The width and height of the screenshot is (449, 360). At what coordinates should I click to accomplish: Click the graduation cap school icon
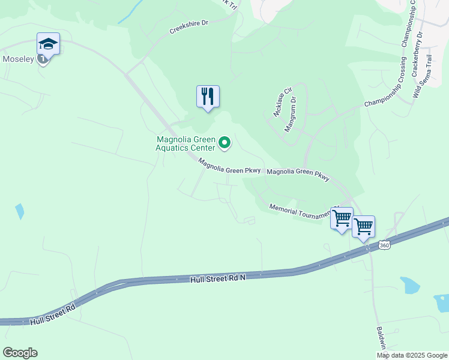point(48,44)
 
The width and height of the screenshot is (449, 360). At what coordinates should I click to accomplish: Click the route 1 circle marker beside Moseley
point(43,59)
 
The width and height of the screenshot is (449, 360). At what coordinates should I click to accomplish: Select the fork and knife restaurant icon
point(208,97)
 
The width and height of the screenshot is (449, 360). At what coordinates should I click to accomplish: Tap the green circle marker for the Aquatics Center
point(224,142)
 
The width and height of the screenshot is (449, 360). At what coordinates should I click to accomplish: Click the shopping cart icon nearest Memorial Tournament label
point(342,218)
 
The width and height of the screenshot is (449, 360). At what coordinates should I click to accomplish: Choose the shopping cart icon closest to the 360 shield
point(363,227)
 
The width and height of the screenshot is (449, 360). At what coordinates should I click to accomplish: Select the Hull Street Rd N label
point(218,278)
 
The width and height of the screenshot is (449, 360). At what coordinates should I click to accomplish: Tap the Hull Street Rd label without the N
point(52,314)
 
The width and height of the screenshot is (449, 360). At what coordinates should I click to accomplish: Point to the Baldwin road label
point(381,338)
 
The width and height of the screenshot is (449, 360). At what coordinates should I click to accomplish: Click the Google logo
point(20,353)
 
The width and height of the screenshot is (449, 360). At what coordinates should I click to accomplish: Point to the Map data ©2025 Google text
point(412,355)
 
